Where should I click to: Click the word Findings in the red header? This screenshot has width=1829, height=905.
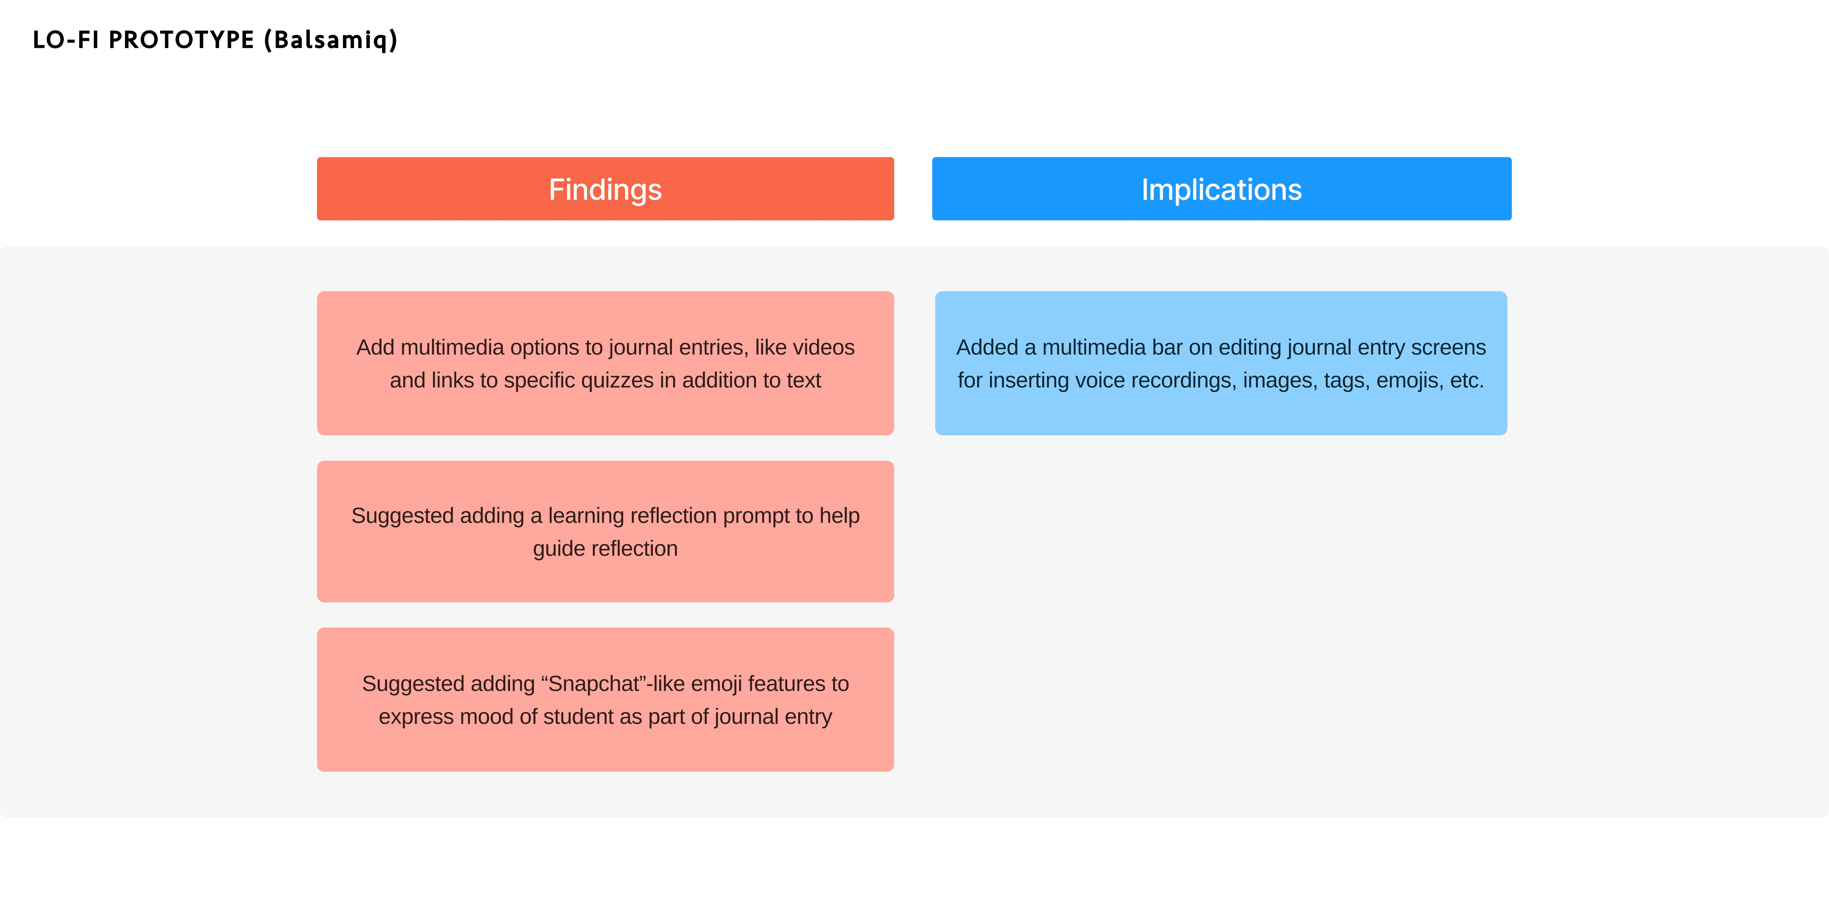pyautogui.click(x=605, y=190)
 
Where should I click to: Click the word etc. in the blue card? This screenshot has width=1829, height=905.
pyautogui.click(x=1467, y=381)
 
